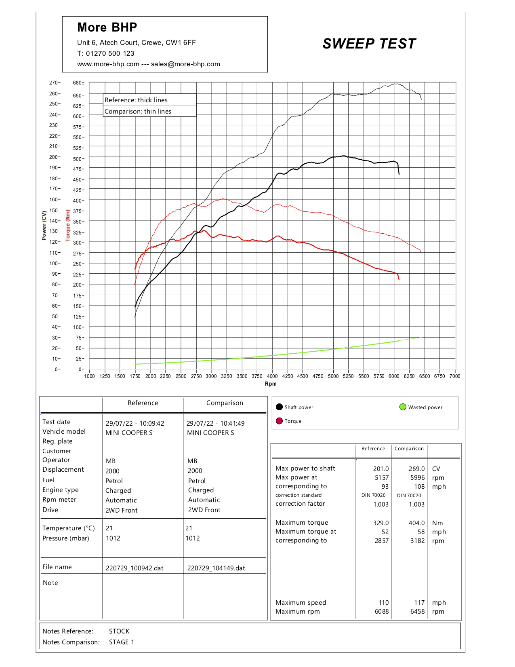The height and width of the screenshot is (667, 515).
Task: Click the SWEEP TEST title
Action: pos(369,44)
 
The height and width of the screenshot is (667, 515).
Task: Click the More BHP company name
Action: pos(107,27)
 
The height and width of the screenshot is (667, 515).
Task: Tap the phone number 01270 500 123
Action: pos(110,53)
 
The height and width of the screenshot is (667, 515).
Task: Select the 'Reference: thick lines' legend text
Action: pos(136,100)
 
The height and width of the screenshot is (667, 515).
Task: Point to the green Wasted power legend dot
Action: pos(403,407)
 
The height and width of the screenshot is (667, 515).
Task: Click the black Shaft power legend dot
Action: pos(279,407)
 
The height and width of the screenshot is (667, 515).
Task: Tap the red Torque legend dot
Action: pos(279,421)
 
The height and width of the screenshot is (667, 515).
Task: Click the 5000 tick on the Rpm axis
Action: pos(333,376)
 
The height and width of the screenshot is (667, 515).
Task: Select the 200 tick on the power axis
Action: pos(54,157)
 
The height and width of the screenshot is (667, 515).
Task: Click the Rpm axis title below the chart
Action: pos(271,384)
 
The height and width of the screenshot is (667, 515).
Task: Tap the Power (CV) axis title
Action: pos(44,225)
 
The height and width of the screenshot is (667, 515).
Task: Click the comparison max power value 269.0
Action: pos(416,469)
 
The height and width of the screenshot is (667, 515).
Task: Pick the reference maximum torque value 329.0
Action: pos(381,523)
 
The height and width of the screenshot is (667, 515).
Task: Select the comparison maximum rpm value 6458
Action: pos(417,612)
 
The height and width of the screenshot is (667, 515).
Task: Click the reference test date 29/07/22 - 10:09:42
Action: pos(135,424)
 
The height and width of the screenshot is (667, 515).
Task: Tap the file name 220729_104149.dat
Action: pos(216,568)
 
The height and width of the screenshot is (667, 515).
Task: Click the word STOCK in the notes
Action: pos(119,631)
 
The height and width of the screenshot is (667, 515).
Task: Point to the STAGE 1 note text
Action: pos(122,642)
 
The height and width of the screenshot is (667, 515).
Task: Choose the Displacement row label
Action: pos(63,470)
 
